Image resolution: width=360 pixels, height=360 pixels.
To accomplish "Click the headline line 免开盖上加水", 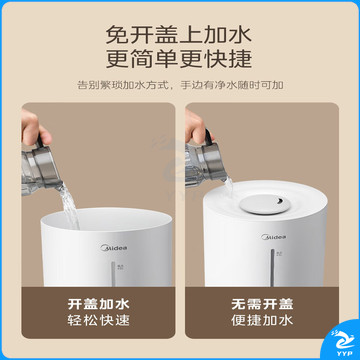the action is (179, 34).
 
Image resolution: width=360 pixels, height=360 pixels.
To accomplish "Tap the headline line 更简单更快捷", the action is (179, 59).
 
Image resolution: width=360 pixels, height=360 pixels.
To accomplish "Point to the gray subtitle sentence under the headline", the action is (180, 85).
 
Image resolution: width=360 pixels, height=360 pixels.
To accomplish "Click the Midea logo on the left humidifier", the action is (114, 248).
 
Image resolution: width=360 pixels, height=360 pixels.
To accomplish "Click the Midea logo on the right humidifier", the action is (274, 237).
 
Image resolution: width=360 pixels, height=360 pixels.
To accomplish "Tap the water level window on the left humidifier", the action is (113, 274).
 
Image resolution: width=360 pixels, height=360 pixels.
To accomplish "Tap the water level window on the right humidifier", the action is (272, 267).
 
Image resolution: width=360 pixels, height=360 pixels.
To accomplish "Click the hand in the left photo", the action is (34, 128).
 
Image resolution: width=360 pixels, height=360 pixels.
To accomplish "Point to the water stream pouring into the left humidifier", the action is (70, 207).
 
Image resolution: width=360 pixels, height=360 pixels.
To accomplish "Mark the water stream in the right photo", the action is (229, 186).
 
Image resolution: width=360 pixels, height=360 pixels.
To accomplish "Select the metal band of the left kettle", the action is (46, 167).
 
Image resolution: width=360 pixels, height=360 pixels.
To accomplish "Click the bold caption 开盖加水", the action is (98, 304).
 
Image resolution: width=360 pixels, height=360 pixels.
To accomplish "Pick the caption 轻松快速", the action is (98, 321).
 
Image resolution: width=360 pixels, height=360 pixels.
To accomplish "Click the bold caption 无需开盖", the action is (262, 304).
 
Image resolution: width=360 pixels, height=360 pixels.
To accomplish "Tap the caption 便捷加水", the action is (262, 321).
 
